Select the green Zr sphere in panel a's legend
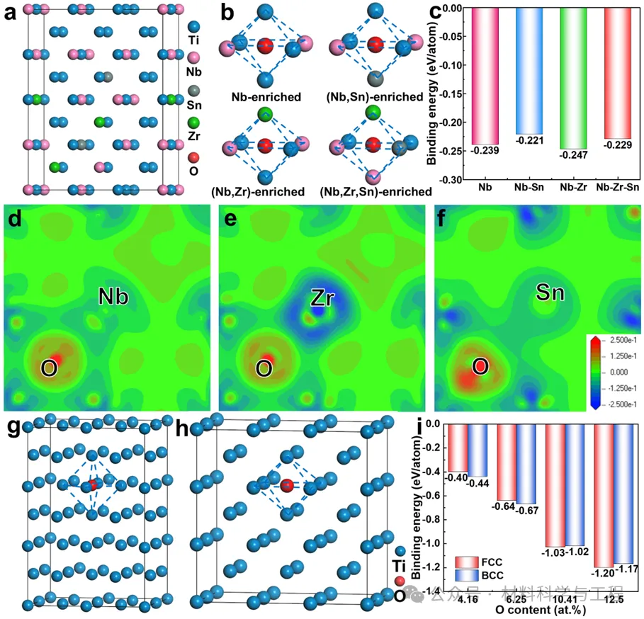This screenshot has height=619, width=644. [195, 122]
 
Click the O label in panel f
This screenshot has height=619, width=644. [479, 367]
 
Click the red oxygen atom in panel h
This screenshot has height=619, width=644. [287, 485]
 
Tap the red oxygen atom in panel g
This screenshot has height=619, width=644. [93, 484]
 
